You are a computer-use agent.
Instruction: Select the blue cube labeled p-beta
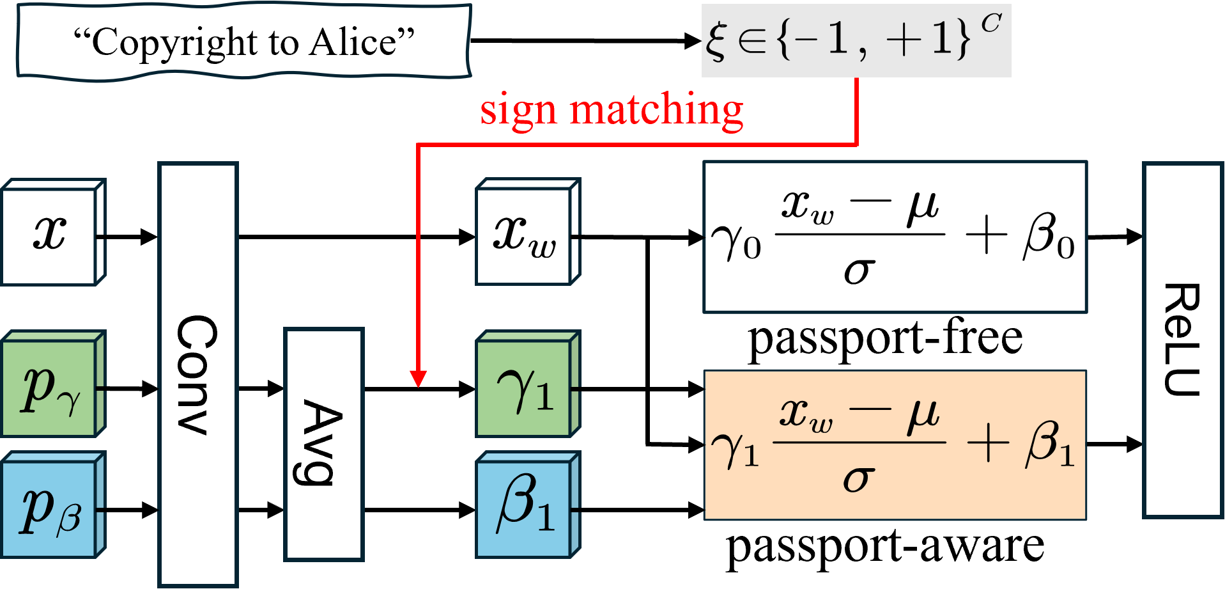(50, 509)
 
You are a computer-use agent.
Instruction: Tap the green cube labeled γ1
(524, 388)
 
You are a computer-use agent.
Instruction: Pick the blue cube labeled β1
(524, 509)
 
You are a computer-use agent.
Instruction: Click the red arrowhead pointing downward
(418, 379)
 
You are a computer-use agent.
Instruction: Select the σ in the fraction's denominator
(858, 478)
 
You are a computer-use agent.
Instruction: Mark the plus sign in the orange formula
(988, 443)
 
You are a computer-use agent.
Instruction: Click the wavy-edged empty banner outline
(243, 42)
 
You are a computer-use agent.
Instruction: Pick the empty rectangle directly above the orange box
(895, 237)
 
